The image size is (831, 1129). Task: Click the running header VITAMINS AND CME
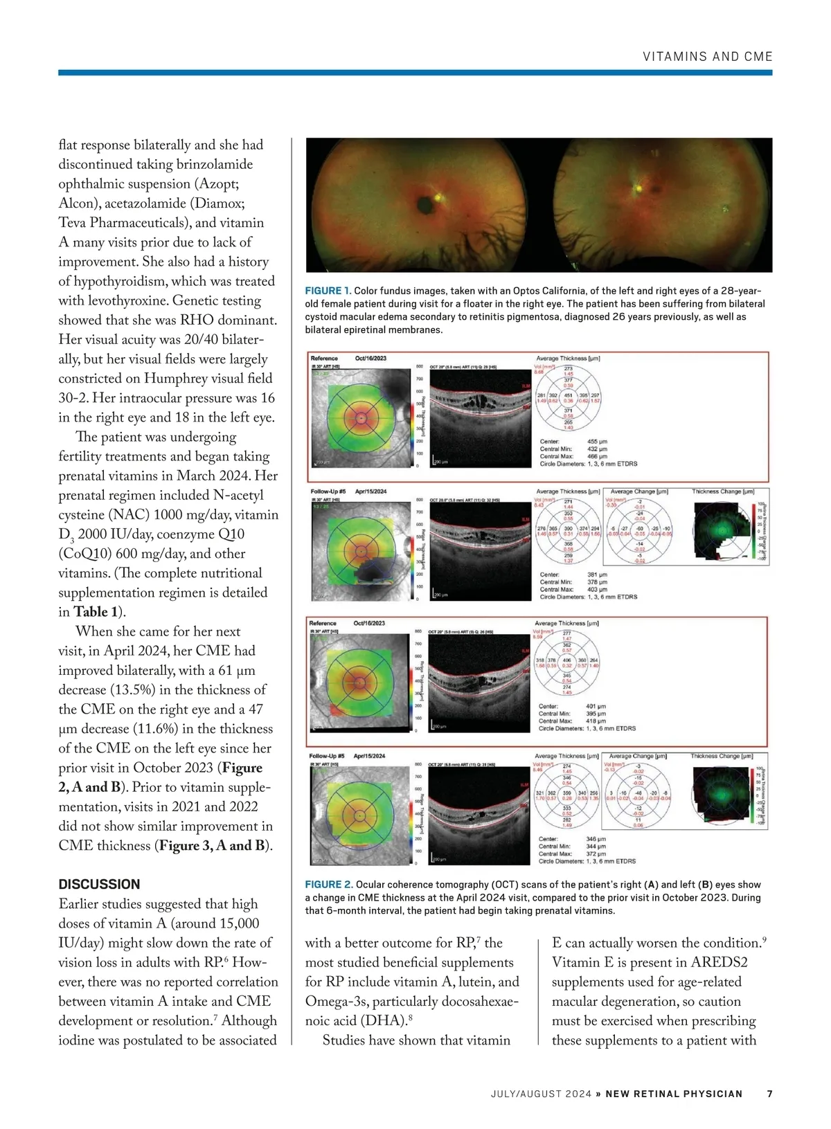(x=707, y=57)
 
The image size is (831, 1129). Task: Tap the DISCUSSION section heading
(x=99, y=884)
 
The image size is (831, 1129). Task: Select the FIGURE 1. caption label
(x=328, y=291)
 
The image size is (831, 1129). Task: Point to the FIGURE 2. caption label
(x=329, y=885)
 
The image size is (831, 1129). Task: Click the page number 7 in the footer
(x=769, y=1094)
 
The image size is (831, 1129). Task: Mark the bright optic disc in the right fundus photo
(x=638, y=187)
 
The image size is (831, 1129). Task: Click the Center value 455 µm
(x=596, y=442)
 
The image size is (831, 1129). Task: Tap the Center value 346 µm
(x=596, y=839)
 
